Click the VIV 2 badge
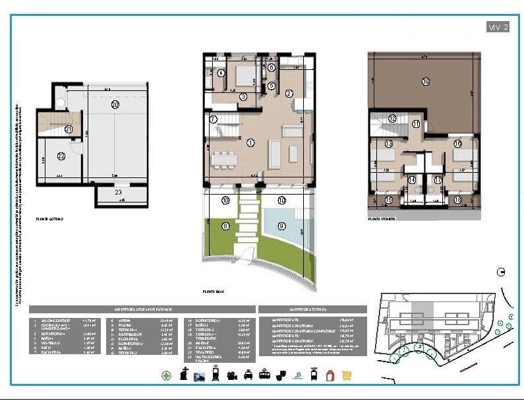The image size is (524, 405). click(498, 27)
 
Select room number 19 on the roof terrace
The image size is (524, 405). click(426, 82)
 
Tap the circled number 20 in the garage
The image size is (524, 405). click(115, 104)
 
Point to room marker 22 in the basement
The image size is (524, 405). click(61, 156)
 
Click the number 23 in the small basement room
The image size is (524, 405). click(119, 193)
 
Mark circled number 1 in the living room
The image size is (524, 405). click(250, 142)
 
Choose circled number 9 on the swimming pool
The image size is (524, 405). click(282, 226)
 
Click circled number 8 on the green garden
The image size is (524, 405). click(225, 226)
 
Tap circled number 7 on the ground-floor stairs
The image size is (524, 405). click(213, 119)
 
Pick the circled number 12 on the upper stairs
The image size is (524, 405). click(392, 119)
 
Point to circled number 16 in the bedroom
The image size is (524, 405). click(457, 144)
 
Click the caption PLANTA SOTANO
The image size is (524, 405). click(50, 218)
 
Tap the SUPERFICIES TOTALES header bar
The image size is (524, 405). click(312, 309)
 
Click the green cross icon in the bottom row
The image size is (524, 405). click(167, 375)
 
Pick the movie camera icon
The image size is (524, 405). click(231, 375)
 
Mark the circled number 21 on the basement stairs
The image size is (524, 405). click(69, 129)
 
